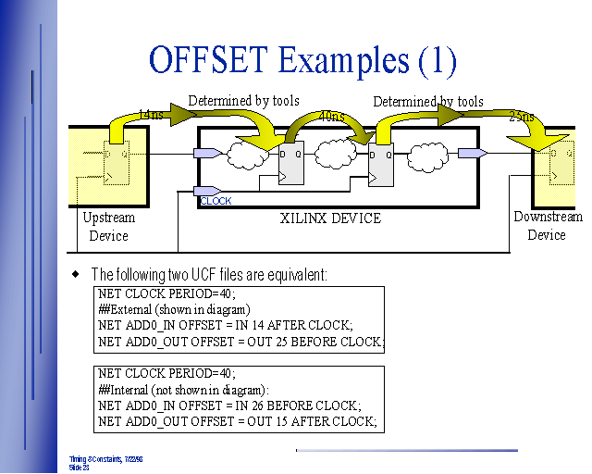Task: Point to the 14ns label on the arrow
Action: pos(151,114)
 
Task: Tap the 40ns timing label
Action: pos(331,118)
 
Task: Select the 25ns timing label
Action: pos(522,117)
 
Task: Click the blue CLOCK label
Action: pos(216,201)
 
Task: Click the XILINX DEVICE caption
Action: pos(330,218)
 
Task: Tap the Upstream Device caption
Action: pos(108,227)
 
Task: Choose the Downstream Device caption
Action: pos(548,226)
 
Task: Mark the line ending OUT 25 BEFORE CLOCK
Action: pos(240,342)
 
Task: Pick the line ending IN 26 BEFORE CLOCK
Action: pos(228,405)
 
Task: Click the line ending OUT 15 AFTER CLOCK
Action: pos(237,421)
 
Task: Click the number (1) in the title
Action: pos(437,60)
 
